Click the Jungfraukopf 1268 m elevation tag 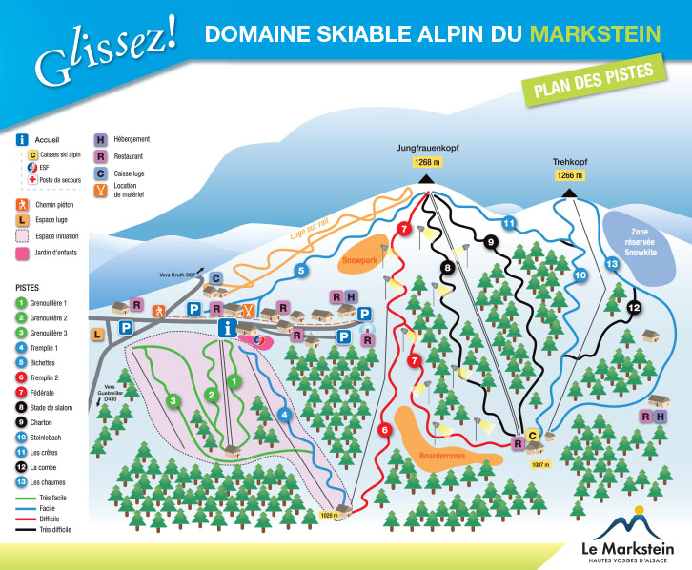coord(424,162)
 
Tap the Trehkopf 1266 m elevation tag coord(568,175)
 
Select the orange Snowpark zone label coord(359,259)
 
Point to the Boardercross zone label coord(441,456)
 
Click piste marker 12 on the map coord(635,307)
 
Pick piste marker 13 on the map coord(612,263)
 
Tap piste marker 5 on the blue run coord(300,271)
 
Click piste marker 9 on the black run coord(490,242)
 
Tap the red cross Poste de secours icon coord(32,179)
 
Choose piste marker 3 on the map coord(173,400)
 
